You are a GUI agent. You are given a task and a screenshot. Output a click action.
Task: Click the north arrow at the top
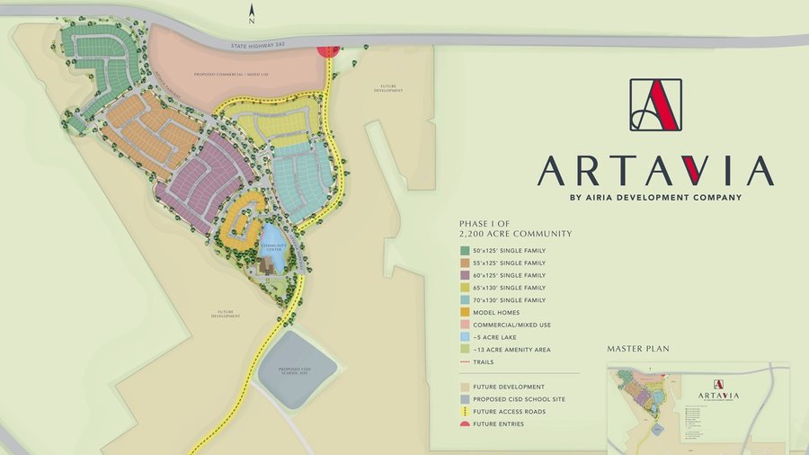tap(253, 13)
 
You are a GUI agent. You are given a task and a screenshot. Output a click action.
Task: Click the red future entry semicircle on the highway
tap(328, 49)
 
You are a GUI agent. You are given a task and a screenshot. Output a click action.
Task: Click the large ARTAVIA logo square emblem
tap(655, 105)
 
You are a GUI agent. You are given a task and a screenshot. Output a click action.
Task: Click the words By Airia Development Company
tap(655, 197)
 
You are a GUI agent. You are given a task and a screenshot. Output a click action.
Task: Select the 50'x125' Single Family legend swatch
tap(465, 251)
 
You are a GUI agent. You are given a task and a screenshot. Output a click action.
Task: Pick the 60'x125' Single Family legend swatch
tap(465, 275)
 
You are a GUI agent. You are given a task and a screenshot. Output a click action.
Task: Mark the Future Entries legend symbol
tap(465, 424)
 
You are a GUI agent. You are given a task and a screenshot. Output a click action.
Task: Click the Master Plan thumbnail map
tap(698, 407)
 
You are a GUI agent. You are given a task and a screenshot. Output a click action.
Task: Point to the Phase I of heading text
tap(489, 224)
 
